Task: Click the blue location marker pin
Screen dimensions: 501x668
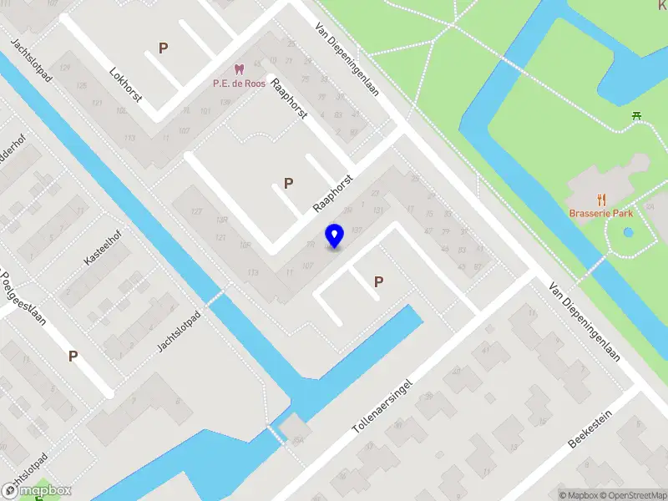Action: pos(335,235)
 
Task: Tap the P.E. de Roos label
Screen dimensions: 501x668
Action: pos(240,83)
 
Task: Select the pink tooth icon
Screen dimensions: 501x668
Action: pos(240,69)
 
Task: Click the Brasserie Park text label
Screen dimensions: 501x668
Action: pos(601,213)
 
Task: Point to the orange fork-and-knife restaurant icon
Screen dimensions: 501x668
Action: pos(600,199)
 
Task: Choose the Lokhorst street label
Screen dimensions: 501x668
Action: pos(126,84)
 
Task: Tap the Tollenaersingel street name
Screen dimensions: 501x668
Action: pos(383,404)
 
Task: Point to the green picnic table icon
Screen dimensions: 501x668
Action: pos(636,116)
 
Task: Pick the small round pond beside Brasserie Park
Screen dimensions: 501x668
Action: pos(629,232)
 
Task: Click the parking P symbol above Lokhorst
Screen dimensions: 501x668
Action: pos(163,48)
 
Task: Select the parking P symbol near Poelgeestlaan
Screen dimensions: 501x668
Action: pos(73,357)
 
